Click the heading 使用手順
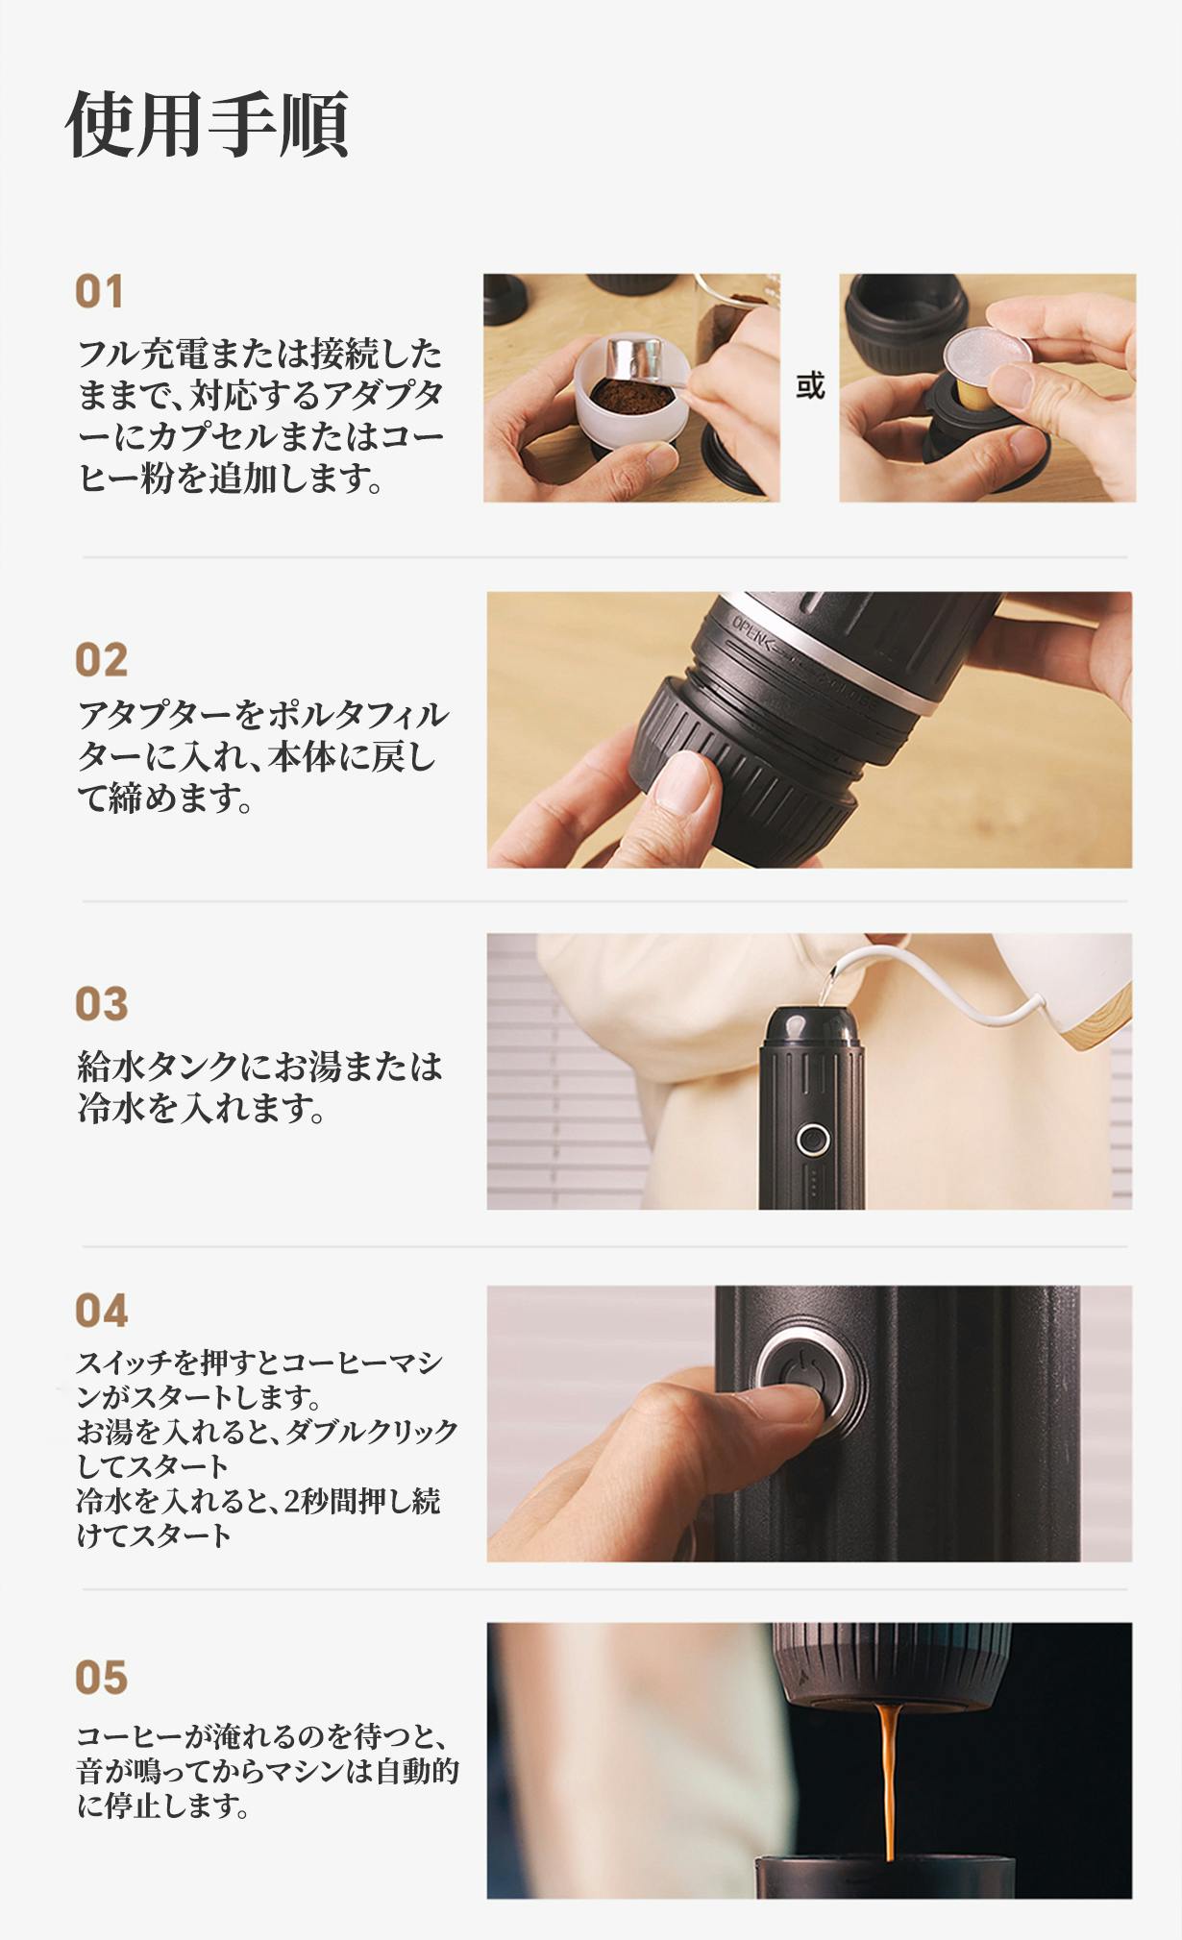coord(207,124)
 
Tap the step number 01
coord(100,292)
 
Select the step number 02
coord(101,660)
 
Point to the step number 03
coord(101,1004)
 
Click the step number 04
coord(101,1311)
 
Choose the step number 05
coord(101,1678)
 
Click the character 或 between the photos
coord(810,386)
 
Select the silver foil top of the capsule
coord(988,353)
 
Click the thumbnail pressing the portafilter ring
coord(683,780)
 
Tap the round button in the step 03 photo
coord(813,1141)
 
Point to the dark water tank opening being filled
coord(812,1021)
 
